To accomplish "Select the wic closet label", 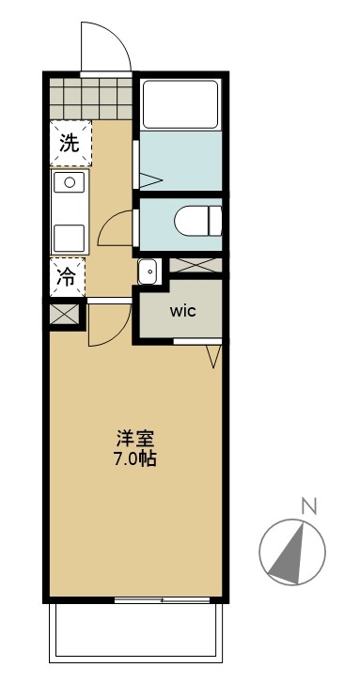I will coord(182,311).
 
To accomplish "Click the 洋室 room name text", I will coord(135,439).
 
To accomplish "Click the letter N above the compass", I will coord(307,507).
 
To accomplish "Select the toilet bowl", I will coord(198,223).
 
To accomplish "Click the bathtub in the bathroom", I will coord(180,104).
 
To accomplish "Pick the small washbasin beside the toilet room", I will coord(148,272).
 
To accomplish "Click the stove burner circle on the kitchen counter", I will coord(70,182).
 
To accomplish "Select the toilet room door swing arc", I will coord(116,228).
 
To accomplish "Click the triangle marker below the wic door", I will coord(213,355).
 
